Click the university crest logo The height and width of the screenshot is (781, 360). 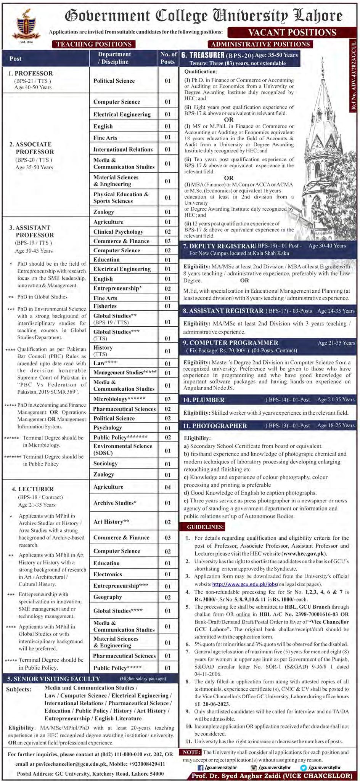[x=26, y=26]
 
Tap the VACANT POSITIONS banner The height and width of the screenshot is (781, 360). [x=292, y=32]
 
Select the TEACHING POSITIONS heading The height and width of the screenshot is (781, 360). [x=94, y=44]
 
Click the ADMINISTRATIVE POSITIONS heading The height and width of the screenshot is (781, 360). [x=260, y=44]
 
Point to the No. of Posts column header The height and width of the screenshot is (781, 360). [x=168, y=58]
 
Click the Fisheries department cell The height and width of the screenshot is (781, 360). [x=105, y=306]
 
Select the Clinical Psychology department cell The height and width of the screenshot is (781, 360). [x=118, y=232]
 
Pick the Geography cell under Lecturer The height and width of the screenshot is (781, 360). [x=108, y=597]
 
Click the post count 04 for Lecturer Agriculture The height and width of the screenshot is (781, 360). [x=168, y=487]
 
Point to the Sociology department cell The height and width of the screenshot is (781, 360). [x=105, y=463]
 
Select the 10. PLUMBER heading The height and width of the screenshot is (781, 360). [x=204, y=400]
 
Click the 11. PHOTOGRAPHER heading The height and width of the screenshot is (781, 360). [x=215, y=426]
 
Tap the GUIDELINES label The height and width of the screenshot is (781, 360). [x=202, y=527]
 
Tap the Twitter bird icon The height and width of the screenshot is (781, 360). [x=303, y=768]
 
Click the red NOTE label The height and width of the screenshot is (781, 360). [x=190, y=752]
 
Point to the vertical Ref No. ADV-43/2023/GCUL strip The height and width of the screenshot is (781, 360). [x=354, y=76]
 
